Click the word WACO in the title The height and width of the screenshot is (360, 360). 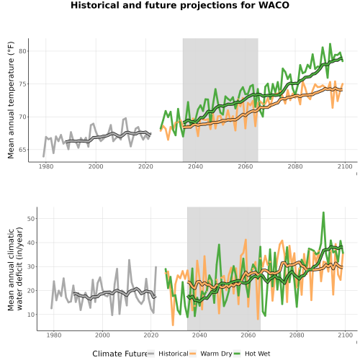274,5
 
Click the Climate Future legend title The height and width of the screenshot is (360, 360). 120,354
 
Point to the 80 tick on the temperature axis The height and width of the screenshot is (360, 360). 22,51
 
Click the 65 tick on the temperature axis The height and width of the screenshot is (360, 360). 22,150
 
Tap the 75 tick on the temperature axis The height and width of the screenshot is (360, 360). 22,84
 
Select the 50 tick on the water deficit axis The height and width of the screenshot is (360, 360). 31,219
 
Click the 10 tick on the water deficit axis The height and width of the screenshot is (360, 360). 31,315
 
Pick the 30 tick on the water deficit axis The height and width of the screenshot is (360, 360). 31,266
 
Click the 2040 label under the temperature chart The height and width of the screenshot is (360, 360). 195,166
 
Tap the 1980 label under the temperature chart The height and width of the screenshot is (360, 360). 46,166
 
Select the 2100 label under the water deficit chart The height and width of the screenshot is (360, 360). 345,335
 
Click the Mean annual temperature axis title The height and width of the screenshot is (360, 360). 11,100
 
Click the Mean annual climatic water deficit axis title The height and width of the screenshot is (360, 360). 15,269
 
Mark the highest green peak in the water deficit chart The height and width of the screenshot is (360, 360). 323,212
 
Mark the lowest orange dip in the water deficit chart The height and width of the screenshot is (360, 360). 173,325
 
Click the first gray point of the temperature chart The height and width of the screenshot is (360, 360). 43,156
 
